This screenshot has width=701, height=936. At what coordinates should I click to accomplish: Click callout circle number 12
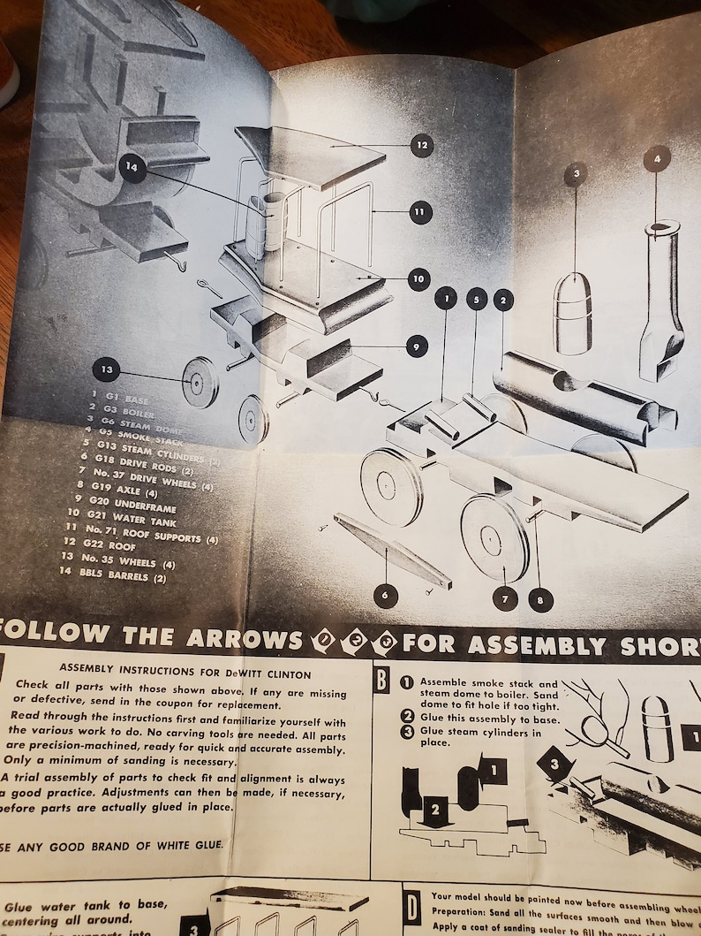click(x=421, y=144)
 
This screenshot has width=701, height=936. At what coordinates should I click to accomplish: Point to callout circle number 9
click(x=417, y=346)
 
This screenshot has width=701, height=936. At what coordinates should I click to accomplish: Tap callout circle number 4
click(x=657, y=158)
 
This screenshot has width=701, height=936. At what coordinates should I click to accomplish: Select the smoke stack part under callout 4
click(x=661, y=301)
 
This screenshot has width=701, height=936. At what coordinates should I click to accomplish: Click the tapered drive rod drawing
click(x=393, y=552)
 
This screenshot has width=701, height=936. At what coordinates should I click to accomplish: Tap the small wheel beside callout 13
click(x=200, y=382)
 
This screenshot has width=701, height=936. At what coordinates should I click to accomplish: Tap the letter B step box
click(x=381, y=681)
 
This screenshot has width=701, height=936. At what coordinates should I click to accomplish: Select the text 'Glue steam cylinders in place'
click(x=481, y=737)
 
